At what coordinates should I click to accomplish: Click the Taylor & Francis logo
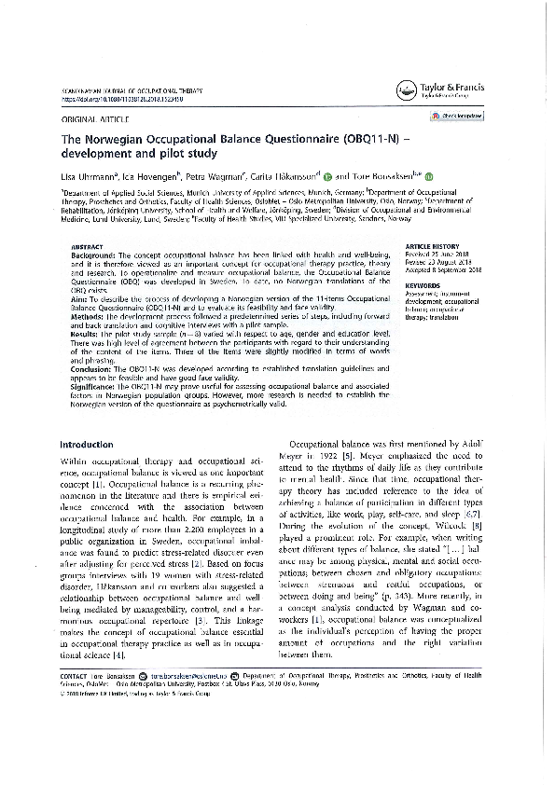438,90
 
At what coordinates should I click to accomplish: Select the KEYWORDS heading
423,284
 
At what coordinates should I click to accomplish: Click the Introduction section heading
85,445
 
